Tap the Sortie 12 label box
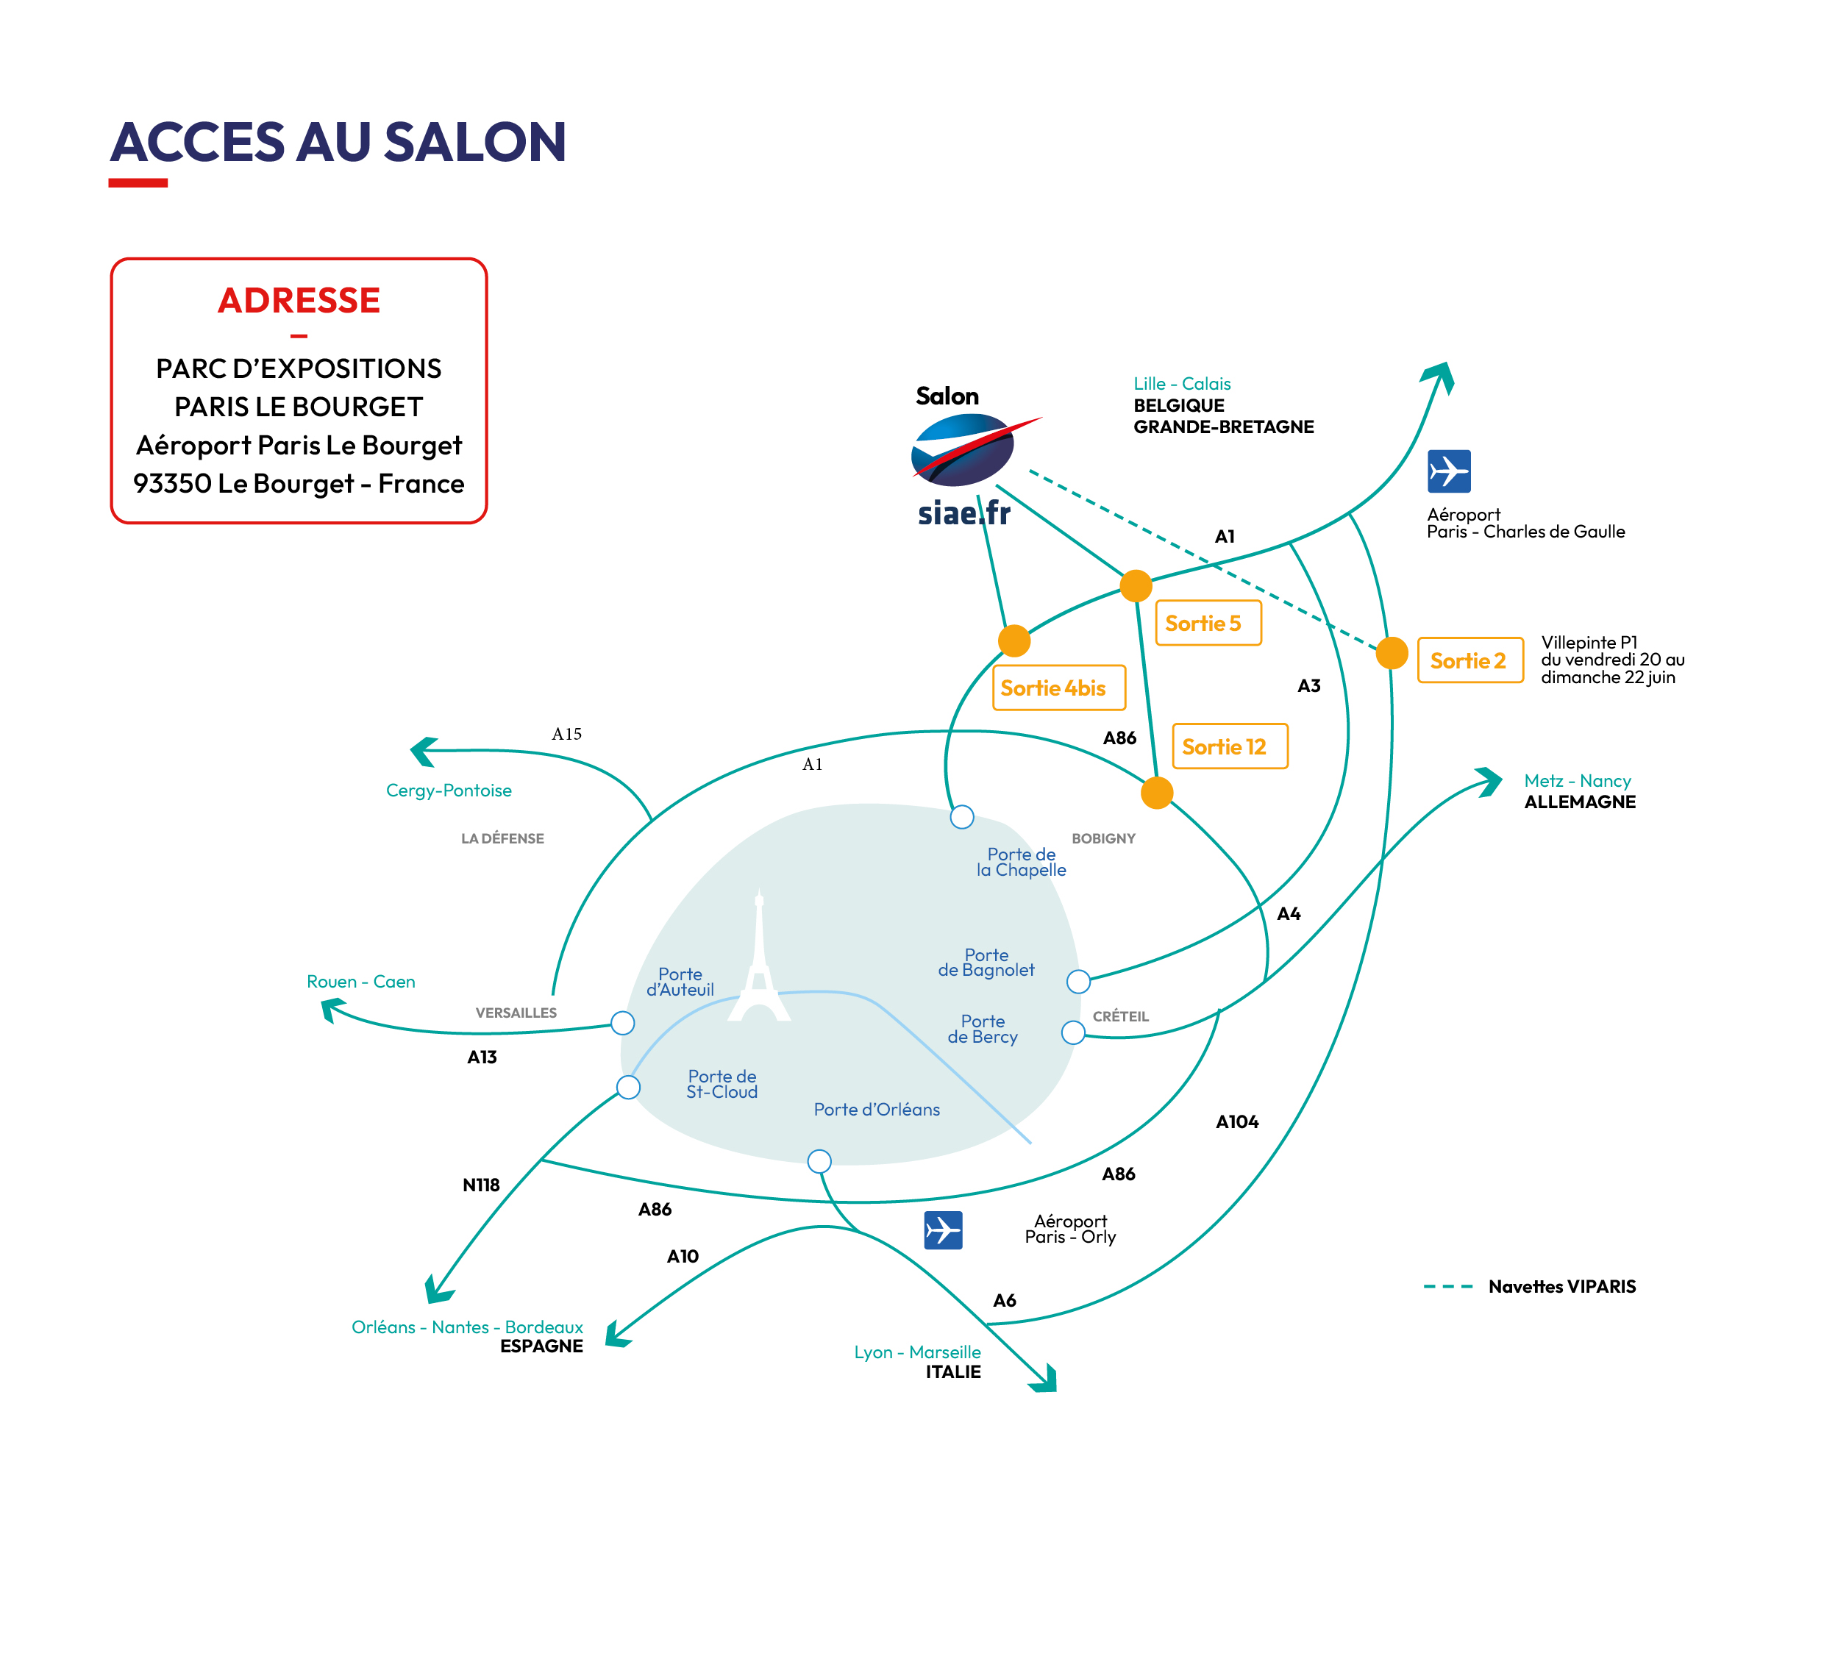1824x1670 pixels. (x=1230, y=746)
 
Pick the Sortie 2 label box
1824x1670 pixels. (x=1471, y=660)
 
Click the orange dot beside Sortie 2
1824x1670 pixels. (x=1392, y=653)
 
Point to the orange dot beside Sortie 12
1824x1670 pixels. (x=1157, y=793)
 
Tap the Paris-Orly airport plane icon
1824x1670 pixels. (x=944, y=1230)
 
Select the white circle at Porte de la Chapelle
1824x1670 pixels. (x=962, y=817)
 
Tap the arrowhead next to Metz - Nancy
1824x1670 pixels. (x=1489, y=782)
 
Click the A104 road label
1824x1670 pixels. (x=1238, y=1121)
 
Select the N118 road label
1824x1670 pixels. (x=481, y=1185)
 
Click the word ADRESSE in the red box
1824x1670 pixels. (x=299, y=300)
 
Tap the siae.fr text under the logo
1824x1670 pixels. (x=964, y=513)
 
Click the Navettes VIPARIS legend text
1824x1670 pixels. (x=1562, y=1286)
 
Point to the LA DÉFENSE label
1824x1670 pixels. (x=503, y=838)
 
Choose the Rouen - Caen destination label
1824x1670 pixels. (x=361, y=982)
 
